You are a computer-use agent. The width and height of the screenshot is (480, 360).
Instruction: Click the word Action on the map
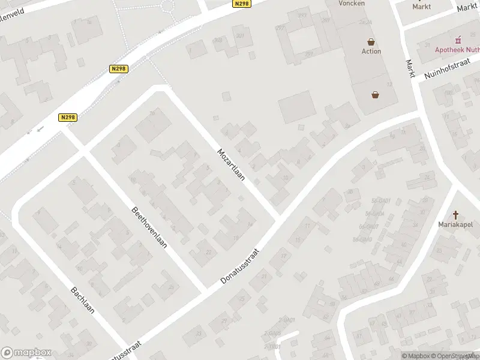371,52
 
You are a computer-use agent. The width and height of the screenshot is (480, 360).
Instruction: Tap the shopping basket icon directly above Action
372,42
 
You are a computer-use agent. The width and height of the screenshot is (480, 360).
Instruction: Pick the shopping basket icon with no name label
376,94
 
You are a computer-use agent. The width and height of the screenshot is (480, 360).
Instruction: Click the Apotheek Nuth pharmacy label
457,50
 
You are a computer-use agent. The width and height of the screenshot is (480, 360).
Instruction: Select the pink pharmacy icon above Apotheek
459,40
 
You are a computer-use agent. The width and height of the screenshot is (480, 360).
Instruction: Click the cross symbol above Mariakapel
456,215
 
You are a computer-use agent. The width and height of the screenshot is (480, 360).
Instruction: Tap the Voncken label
352,3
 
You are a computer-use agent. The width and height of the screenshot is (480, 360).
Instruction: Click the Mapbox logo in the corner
25,353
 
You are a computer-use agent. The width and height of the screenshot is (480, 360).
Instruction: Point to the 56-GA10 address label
362,239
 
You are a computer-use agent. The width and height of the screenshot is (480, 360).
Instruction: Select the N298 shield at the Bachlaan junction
68,118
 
